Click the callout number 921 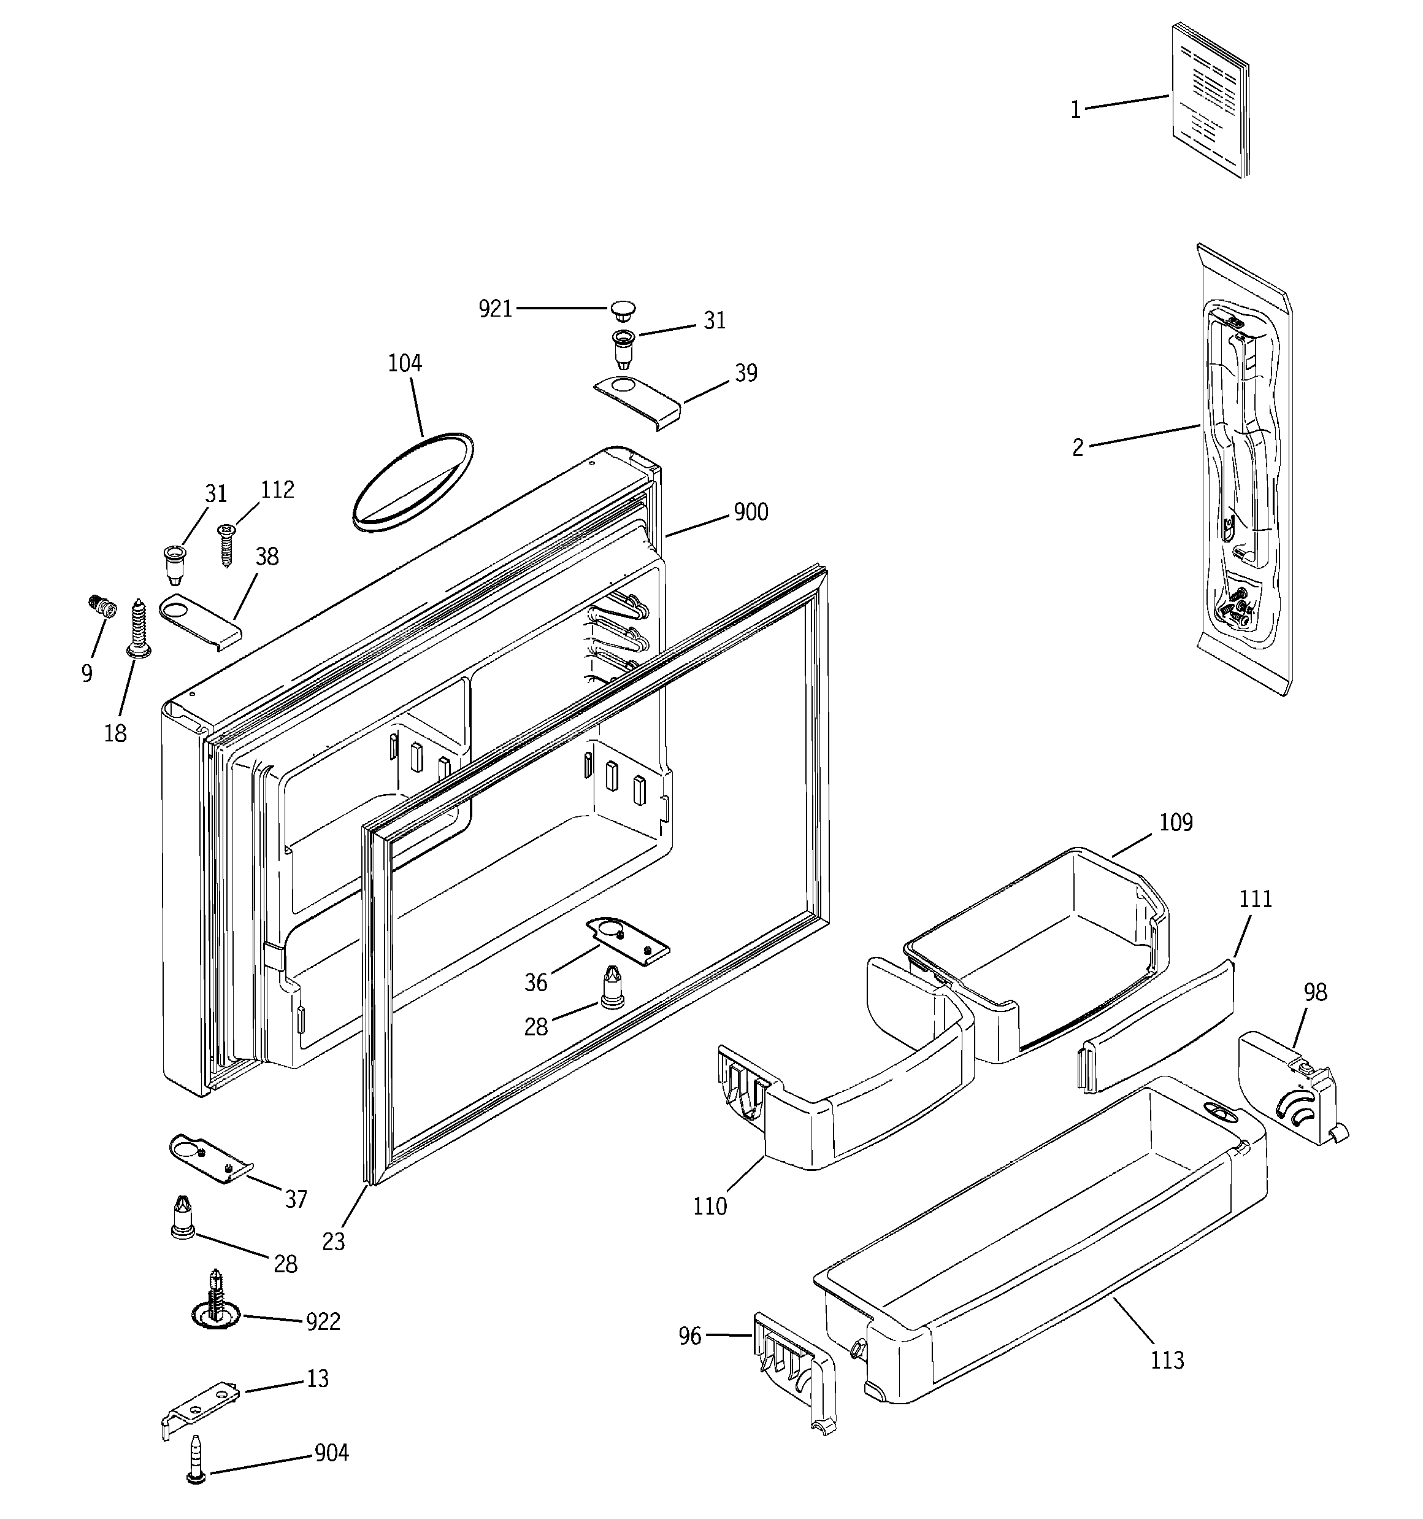[x=495, y=309]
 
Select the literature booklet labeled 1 [x=1210, y=99]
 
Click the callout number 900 [x=750, y=512]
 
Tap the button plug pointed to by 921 [x=623, y=309]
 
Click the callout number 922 [x=323, y=1322]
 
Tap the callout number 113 [x=1167, y=1360]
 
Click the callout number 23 [x=334, y=1242]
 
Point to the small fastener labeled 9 [x=102, y=607]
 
